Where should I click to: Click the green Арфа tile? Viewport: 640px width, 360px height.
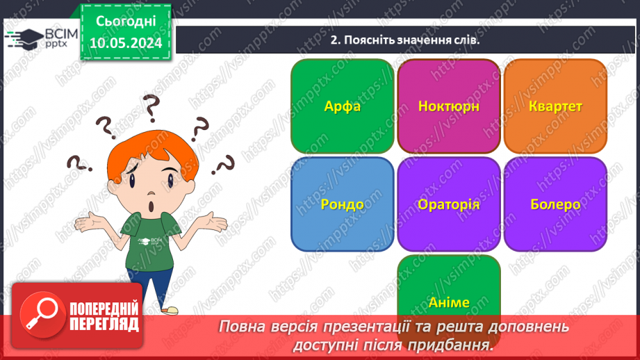(342, 106)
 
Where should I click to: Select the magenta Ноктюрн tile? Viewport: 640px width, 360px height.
(449, 106)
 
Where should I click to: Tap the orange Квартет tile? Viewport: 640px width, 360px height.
(555, 106)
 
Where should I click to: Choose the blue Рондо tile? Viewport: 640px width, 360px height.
(342, 204)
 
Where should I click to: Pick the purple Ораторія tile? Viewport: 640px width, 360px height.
(449, 204)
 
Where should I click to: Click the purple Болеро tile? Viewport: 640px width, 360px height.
(555, 204)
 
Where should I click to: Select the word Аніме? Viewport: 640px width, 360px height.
(449, 302)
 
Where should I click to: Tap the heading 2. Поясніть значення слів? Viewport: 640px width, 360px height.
(405, 40)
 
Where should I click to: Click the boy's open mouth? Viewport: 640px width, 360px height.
(151, 207)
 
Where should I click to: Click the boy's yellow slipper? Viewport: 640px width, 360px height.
(169, 309)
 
